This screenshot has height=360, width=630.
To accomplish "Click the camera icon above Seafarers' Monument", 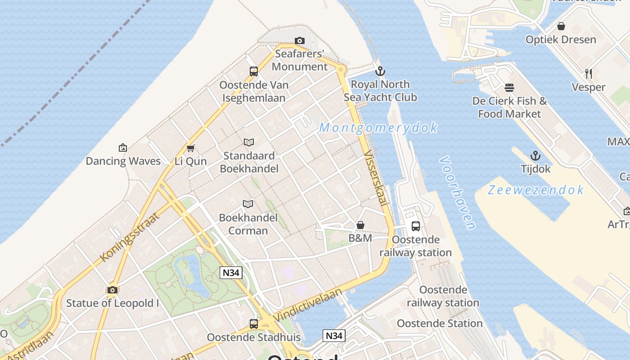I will click(x=299, y=41).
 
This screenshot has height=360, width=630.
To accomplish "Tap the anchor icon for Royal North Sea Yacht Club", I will click(x=380, y=71).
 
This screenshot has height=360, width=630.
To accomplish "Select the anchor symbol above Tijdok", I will click(x=535, y=156).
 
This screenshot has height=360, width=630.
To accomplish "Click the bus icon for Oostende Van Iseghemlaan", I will click(x=254, y=72).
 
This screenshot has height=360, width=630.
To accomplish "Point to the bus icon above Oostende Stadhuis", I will click(x=254, y=324).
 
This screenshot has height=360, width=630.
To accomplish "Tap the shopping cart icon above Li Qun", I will click(x=190, y=148).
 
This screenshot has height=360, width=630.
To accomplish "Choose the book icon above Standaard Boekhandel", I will click(x=249, y=143).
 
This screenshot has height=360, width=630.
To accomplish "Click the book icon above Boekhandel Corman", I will click(x=248, y=204).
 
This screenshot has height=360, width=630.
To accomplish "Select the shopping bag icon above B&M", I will click(x=360, y=225).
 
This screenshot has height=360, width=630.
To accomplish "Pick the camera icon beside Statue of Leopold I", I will click(x=112, y=290).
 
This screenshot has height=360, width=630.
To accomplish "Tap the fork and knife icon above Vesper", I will click(x=588, y=73).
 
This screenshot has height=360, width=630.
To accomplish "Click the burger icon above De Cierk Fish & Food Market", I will click(x=509, y=87).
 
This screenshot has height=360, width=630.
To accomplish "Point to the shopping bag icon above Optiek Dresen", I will click(x=561, y=27).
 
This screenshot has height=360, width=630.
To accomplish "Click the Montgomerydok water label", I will click(x=378, y=128).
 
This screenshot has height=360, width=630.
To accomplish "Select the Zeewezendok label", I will click(x=535, y=190).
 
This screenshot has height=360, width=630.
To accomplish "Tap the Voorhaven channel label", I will click(x=457, y=193).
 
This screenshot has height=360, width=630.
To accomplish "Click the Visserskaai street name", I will click(x=375, y=178).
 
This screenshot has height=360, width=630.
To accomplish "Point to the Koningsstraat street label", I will click(x=130, y=237).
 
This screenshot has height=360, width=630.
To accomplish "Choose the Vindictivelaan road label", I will click(x=307, y=305).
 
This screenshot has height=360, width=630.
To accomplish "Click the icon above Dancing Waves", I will click(x=122, y=148).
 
